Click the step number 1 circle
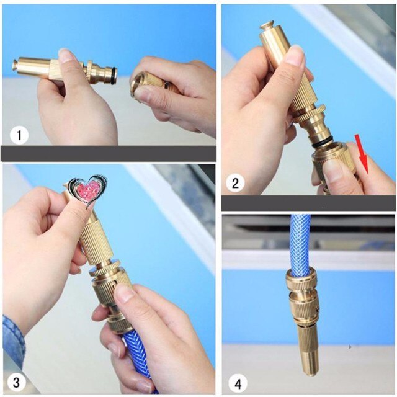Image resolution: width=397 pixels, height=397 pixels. (20, 133)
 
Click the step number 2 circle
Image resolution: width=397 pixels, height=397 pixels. (236, 182)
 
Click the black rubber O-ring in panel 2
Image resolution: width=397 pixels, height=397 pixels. (322, 144)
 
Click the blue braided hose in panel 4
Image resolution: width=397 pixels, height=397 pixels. (300, 242)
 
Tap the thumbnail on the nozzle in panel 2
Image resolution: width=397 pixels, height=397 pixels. (295, 56)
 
